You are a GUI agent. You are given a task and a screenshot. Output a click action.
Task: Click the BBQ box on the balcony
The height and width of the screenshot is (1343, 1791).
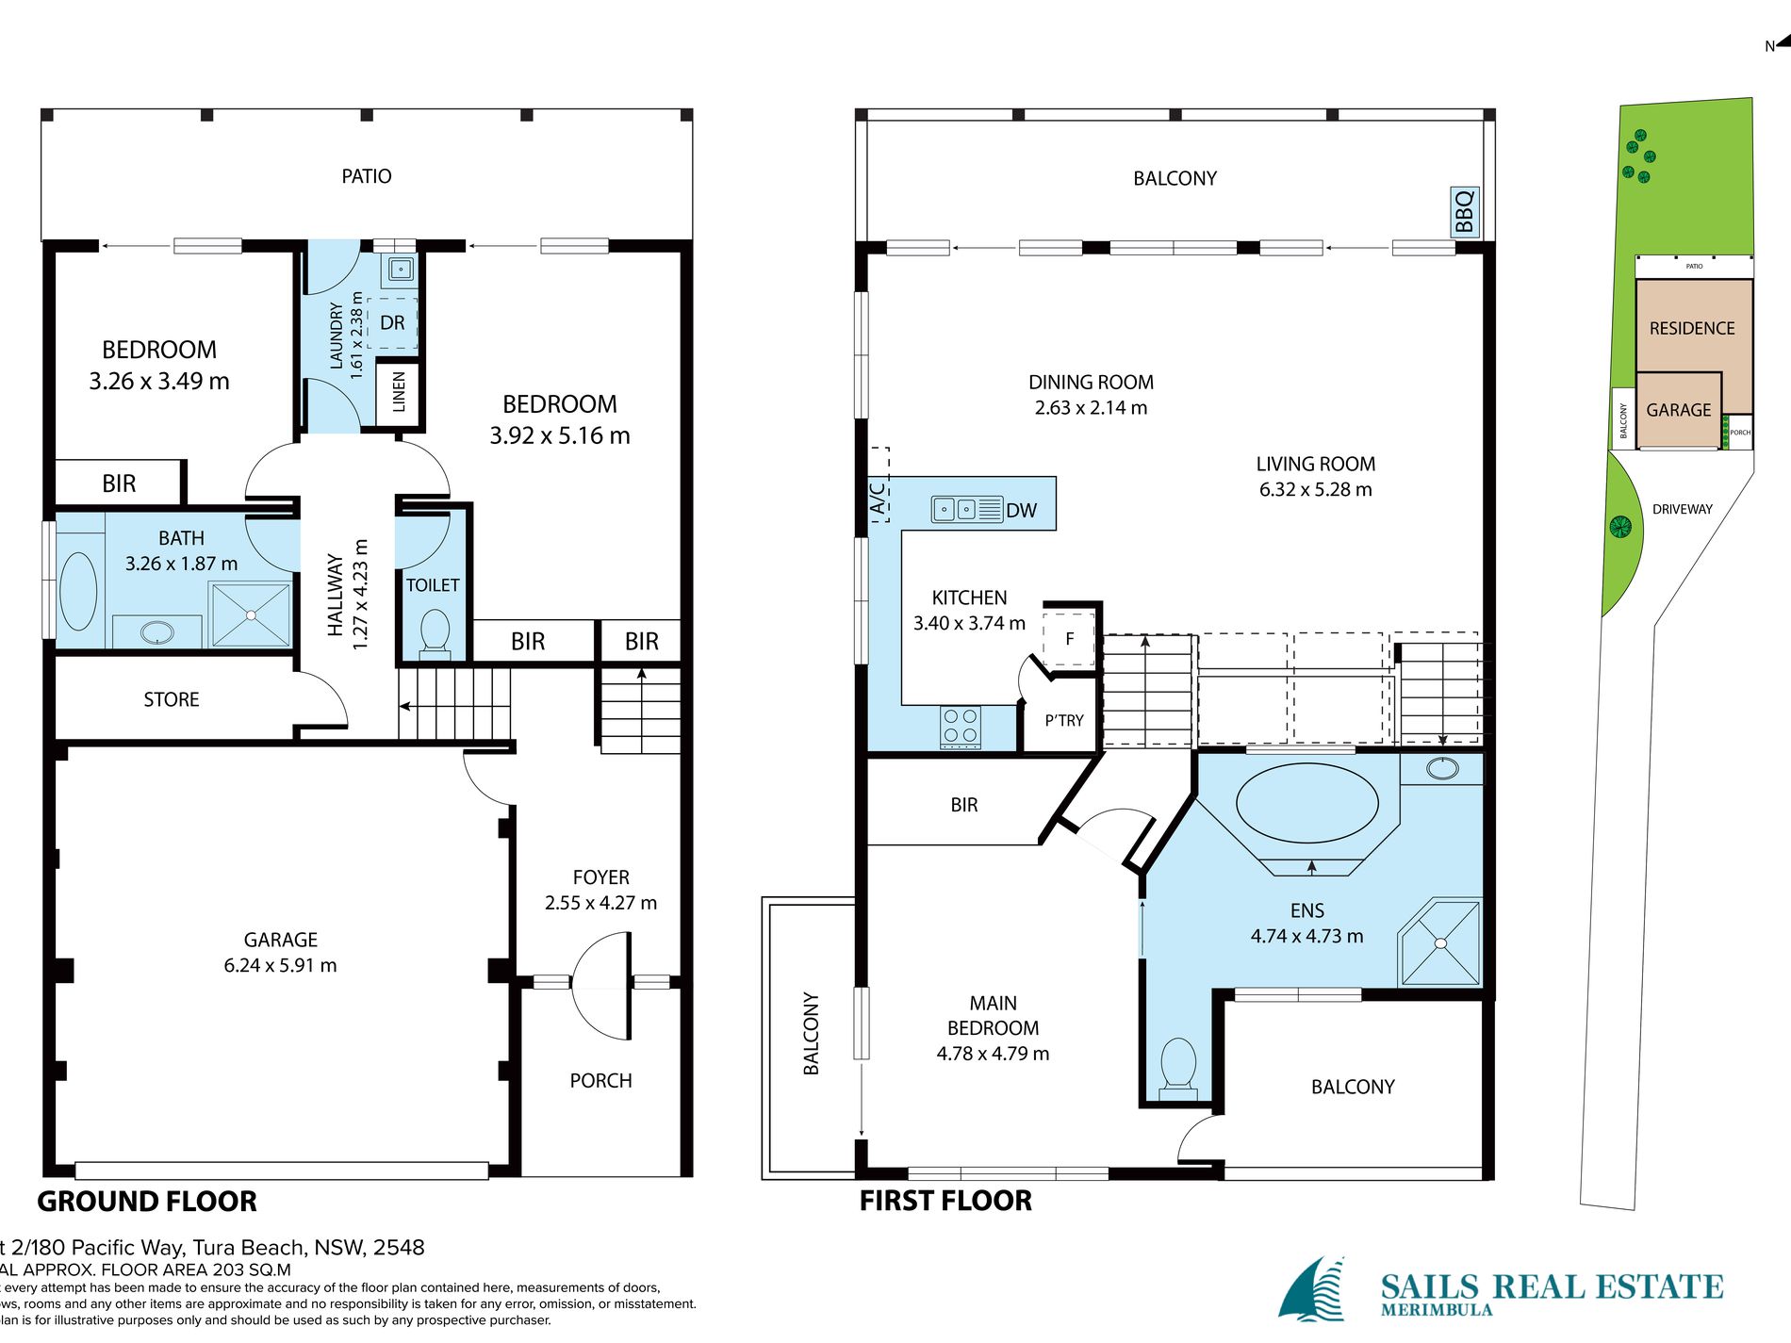(x=1464, y=211)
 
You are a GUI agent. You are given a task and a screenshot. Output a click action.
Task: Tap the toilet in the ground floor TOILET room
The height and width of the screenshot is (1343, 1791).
(x=435, y=631)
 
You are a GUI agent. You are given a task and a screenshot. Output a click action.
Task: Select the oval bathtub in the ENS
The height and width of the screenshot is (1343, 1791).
(x=1306, y=802)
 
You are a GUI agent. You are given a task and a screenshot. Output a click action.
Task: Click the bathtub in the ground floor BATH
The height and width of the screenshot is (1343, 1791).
(x=78, y=590)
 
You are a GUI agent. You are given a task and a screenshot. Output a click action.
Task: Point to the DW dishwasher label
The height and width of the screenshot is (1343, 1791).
(x=1021, y=511)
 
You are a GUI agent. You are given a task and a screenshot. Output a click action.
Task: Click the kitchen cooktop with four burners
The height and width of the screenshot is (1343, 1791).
(x=961, y=727)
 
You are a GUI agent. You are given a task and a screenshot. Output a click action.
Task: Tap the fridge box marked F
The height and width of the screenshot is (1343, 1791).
(x=1069, y=639)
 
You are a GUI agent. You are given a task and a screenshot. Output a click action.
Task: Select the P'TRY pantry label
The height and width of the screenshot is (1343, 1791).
(x=1064, y=721)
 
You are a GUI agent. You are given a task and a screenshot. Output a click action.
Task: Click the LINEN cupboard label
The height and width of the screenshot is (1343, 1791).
(x=399, y=391)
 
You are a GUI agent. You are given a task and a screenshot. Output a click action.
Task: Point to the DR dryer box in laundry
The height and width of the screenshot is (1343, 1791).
(x=392, y=323)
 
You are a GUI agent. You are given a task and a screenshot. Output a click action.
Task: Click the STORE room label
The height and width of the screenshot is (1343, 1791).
(x=172, y=699)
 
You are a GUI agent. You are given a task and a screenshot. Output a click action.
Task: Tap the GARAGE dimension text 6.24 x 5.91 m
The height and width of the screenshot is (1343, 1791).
(x=280, y=965)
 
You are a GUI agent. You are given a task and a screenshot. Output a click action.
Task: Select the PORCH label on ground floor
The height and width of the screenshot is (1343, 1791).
(x=600, y=1081)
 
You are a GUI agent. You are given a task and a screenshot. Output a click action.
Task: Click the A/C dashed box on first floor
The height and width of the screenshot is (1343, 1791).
(x=879, y=485)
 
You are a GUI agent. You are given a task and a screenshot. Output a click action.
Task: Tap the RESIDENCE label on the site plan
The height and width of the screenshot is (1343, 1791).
(x=1692, y=328)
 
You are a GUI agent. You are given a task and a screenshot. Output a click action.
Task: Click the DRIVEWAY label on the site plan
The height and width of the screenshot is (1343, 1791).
(x=1682, y=509)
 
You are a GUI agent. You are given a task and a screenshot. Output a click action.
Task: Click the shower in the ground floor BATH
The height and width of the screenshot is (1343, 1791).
(x=251, y=615)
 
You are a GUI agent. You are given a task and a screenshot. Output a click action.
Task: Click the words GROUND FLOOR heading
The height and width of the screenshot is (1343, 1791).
(x=147, y=1202)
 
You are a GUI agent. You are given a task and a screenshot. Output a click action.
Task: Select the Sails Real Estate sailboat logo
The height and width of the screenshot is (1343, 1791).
(x=1312, y=1289)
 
